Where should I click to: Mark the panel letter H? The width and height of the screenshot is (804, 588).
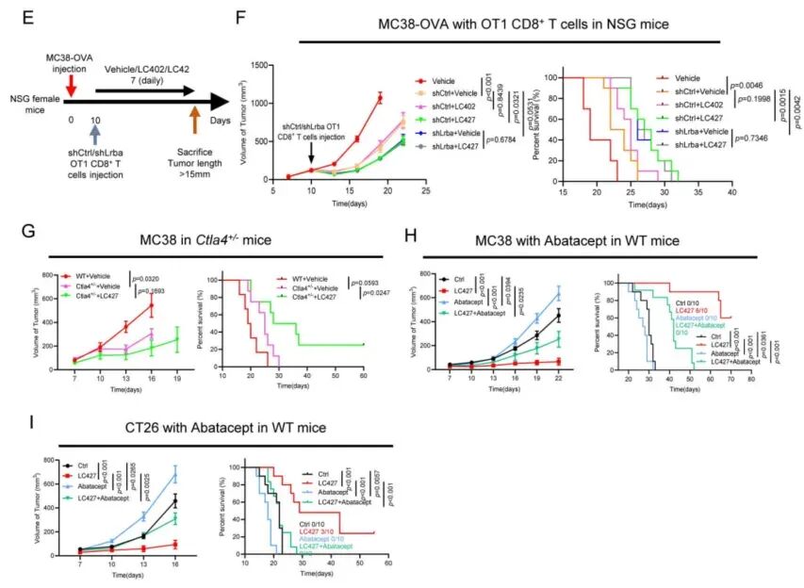[408, 231]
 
